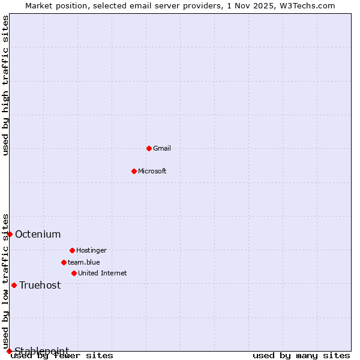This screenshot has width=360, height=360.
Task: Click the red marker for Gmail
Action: pyautogui.click(x=149, y=148)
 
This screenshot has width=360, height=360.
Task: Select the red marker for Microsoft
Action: pyautogui.click(x=134, y=171)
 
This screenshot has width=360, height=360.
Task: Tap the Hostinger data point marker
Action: pyautogui.click(x=72, y=250)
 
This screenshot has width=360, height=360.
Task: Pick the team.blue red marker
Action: pyautogui.click(x=64, y=262)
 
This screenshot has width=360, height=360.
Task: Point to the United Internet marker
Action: pyautogui.click(x=74, y=273)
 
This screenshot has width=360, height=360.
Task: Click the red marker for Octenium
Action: pyautogui.click(x=10, y=234)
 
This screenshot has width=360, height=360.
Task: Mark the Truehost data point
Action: pyautogui.click(x=14, y=285)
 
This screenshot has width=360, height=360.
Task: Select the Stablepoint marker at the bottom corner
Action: pyautogui.click(x=9, y=351)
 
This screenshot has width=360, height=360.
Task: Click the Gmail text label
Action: pyautogui.click(x=162, y=148)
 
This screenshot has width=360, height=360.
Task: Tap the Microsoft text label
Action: pyautogui.click(x=152, y=171)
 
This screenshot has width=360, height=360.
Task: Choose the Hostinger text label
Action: pyautogui.click(x=91, y=250)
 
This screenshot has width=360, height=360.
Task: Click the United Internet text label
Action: pyautogui.click(x=103, y=273)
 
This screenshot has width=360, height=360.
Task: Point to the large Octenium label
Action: pyautogui.click(x=38, y=234)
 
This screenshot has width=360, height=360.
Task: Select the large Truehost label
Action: pyautogui.click(x=40, y=285)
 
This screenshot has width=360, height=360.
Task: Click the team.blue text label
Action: pyautogui.click(x=84, y=262)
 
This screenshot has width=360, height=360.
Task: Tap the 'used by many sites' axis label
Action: pyautogui.click(x=301, y=356)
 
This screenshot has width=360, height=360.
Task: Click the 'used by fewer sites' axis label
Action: pyautogui.click(x=62, y=356)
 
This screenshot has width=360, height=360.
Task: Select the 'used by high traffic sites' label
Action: pyautogui.click(x=6, y=85)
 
